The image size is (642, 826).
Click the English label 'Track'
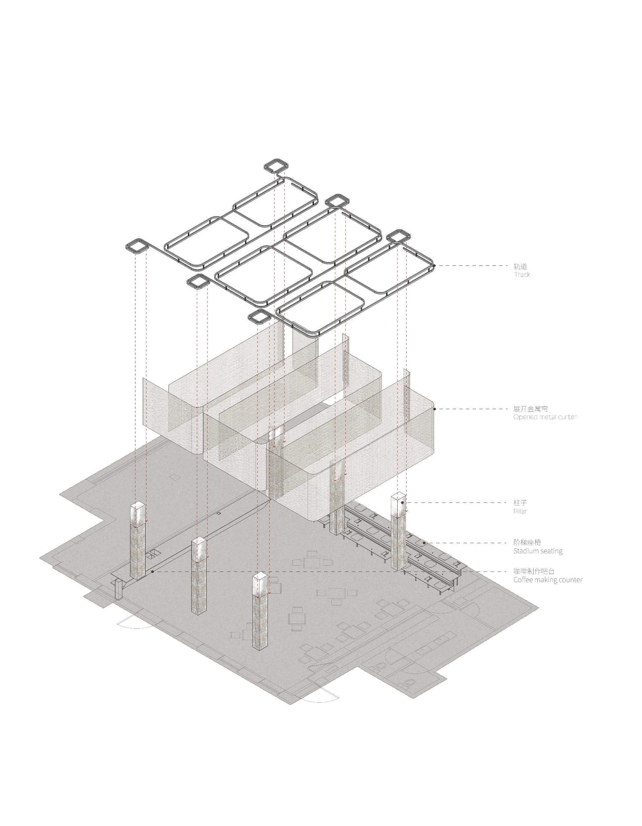pyautogui.click(x=522, y=274)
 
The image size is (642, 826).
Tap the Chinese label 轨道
pyautogui.click(x=520, y=266)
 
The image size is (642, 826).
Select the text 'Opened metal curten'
pyautogui.click(x=545, y=417)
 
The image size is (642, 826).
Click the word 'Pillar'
pyautogui.click(x=520, y=511)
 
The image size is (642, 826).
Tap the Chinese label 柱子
pyautogui.click(x=520, y=503)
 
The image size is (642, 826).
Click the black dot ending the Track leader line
pyautogui.click(x=434, y=266)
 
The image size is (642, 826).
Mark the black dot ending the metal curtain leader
pyautogui.click(x=434, y=409)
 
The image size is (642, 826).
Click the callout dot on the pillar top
pyautogui.click(x=402, y=503)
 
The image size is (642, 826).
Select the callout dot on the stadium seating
pyautogui.click(x=424, y=543)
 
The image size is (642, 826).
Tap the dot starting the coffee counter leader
pyautogui.click(x=152, y=572)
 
